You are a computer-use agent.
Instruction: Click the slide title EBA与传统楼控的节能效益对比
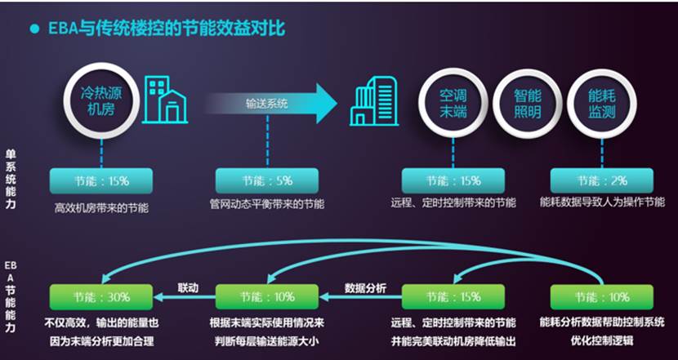tap(166, 29)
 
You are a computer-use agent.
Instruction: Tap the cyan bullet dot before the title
tap(34, 29)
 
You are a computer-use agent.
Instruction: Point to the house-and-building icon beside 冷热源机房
tap(165, 100)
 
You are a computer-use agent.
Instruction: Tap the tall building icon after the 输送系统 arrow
tap(374, 101)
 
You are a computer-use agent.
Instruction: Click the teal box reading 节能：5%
tap(267, 180)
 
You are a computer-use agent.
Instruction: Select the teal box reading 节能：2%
tap(601, 180)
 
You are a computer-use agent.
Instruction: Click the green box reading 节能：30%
tap(101, 297)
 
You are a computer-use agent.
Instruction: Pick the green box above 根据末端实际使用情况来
tap(267, 297)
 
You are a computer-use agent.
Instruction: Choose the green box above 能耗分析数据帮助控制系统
tap(601, 297)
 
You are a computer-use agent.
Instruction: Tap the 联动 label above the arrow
tap(188, 288)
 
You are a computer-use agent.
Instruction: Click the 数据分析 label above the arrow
tap(365, 288)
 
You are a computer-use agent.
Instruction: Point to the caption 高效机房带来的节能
tap(101, 208)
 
